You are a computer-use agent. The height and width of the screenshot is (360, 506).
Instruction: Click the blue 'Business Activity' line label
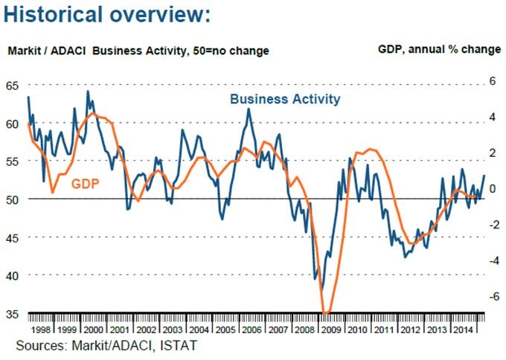tap(285, 99)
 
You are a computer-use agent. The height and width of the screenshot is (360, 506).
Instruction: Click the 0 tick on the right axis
tap(492, 189)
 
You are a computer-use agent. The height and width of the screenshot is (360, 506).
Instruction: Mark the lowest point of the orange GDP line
tap(325, 312)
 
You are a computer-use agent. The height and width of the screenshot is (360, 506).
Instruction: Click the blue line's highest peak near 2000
tap(88, 91)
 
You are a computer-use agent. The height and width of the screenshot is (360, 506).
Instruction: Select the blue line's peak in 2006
tap(249, 109)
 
